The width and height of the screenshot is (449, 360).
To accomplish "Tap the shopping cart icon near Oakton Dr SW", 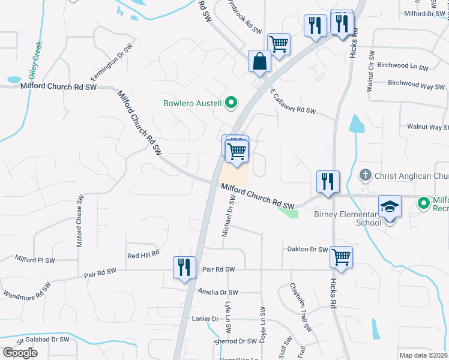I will point(341,257).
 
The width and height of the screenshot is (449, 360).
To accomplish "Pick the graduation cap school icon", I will point(390,206).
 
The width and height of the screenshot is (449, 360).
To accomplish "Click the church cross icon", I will point(364,176).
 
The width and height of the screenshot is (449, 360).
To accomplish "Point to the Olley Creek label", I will point(34,61).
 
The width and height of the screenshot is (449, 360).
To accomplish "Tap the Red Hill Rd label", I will point(143,255).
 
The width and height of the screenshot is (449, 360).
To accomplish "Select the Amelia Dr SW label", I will point(218,292).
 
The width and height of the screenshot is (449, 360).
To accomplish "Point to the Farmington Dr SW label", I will point(110,63).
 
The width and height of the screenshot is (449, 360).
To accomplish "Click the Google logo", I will point(20,352).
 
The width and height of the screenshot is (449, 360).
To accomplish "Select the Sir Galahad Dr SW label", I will point(43,340).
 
